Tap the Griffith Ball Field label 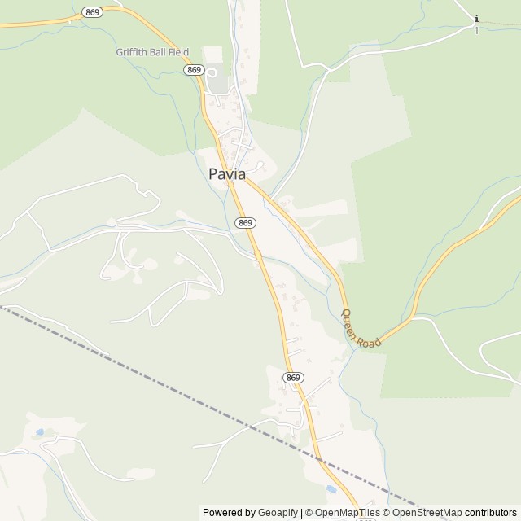152,52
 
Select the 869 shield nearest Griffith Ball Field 194,70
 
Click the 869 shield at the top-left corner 91,13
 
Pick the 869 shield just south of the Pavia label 245,222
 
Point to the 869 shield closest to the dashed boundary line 294,378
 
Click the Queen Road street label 361,329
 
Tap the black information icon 476,19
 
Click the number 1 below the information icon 476,31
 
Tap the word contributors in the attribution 491,513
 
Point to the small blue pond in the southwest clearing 39,431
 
